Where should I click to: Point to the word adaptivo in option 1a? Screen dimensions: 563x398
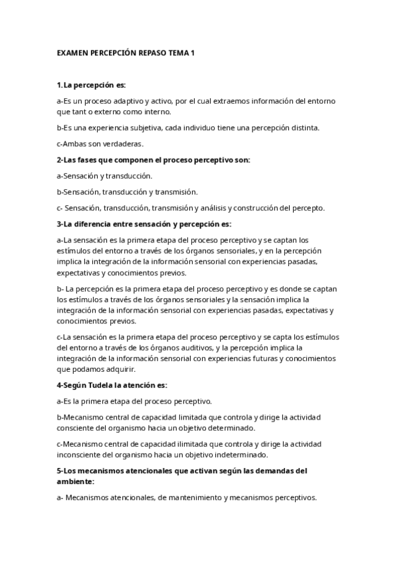coord(127,101)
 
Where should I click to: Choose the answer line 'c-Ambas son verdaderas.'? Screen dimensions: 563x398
coord(100,143)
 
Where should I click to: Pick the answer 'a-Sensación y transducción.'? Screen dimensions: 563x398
coord(104,176)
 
